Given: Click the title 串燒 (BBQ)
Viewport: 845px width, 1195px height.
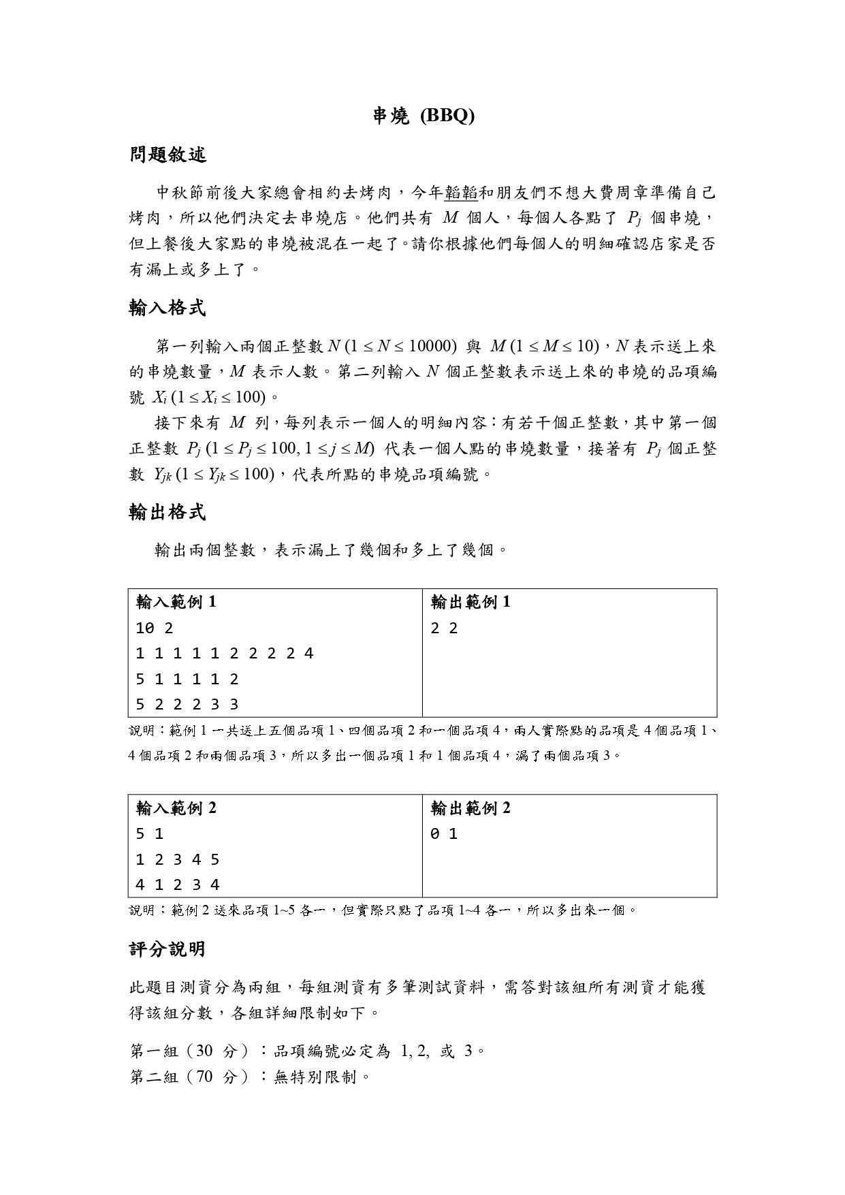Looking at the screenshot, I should click(423, 116).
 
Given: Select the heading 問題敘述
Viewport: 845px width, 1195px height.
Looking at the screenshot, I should click(168, 155).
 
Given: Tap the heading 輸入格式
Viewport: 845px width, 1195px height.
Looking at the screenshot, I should click(168, 308).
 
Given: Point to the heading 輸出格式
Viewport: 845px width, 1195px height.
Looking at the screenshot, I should click(168, 513).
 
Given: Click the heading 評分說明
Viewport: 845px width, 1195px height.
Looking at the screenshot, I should click(168, 949).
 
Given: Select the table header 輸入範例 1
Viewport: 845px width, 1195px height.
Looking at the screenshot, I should click(176, 602).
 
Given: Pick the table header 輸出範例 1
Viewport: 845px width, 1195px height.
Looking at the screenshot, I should click(471, 602).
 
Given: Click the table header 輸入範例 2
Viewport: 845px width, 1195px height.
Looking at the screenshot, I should click(176, 808).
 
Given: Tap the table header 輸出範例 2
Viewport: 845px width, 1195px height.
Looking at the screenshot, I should click(471, 808).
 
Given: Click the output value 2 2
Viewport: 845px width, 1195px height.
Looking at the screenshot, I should click(444, 628).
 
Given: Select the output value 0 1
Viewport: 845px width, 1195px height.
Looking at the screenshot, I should click(444, 834).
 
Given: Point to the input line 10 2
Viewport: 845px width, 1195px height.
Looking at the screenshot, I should click(155, 628).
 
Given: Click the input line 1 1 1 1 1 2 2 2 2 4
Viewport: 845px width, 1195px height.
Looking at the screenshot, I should click(225, 654).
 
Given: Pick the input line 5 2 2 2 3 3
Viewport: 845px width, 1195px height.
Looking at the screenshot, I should click(187, 705).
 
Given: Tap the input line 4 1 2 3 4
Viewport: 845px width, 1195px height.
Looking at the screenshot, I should click(178, 885).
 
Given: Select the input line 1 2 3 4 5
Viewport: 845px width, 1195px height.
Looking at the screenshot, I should click(178, 859).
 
